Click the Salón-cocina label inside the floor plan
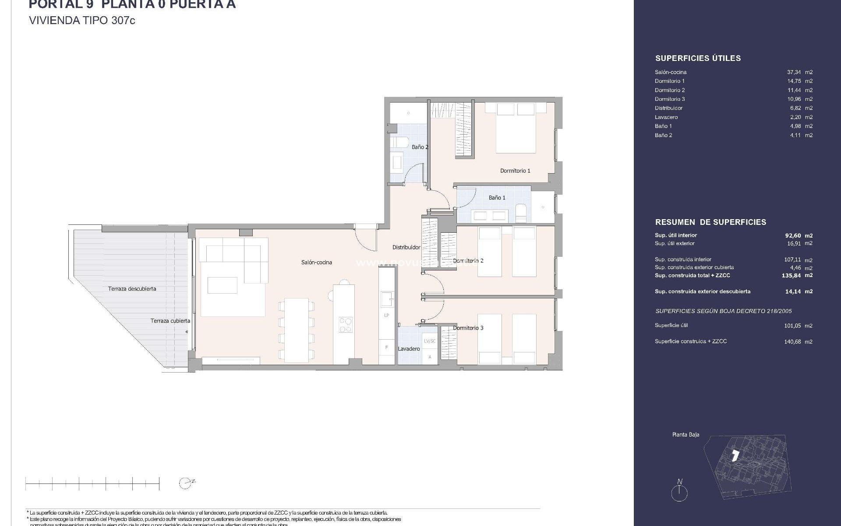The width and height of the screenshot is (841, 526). pyautogui.click(x=316, y=263)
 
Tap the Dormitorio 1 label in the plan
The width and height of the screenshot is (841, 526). pyautogui.click(x=515, y=171)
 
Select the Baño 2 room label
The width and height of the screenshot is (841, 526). pyautogui.click(x=420, y=147)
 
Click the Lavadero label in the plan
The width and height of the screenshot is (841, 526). pyautogui.click(x=409, y=349)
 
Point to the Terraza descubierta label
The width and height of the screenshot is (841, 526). pyautogui.click(x=132, y=289)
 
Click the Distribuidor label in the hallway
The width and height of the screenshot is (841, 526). pyautogui.click(x=406, y=248)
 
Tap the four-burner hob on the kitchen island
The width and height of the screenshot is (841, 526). pyautogui.click(x=345, y=325)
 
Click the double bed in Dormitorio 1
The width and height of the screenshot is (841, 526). pyautogui.click(x=516, y=128)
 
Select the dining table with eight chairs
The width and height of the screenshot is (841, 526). pyautogui.click(x=297, y=330)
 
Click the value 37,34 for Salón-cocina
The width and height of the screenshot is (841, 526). pyautogui.click(x=794, y=72)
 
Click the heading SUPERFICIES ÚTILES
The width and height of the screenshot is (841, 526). pyautogui.click(x=698, y=58)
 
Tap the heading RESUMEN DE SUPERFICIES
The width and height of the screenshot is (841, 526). pyautogui.click(x=710, y=222)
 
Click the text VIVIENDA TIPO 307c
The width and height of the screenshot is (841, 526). pyautogui.click(x=82, y=21)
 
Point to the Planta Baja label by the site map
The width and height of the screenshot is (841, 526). pyautogui.click(x=686, y=435)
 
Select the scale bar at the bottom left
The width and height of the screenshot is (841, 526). pyautogui.click(x=92, y=484)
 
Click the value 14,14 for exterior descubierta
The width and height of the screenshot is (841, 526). pyautogui.click(x=793, y=291)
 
